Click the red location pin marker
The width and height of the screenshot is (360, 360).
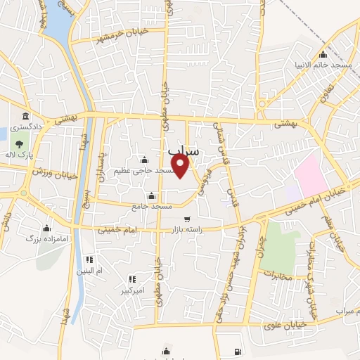[181, 167]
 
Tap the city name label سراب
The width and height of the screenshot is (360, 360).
[185, 150]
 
